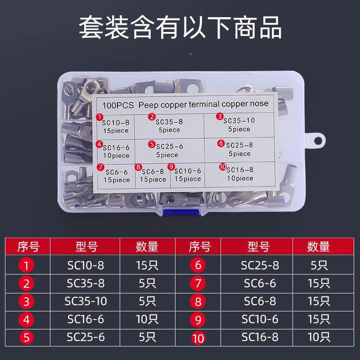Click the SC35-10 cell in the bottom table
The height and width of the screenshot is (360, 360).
tap(85, 301)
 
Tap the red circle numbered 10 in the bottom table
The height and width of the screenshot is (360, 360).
tap(198, 337)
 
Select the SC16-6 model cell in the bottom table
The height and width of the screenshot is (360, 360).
tap(85, 319)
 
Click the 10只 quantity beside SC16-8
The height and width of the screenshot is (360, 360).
tap(319, 337)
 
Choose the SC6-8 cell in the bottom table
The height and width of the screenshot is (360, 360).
tap(260, 301)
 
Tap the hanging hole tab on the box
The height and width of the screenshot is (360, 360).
tap(317, 139)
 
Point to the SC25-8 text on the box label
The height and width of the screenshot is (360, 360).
tap(239, 145)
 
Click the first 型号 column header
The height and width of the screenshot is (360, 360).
tap(85, 247)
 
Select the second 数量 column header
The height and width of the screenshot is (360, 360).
tap(319, 247)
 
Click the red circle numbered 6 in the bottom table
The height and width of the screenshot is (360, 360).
tap(198, 265)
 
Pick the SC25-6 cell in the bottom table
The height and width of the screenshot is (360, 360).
tap(85, 337)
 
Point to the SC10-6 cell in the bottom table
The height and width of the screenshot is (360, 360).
tap(260, 319)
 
